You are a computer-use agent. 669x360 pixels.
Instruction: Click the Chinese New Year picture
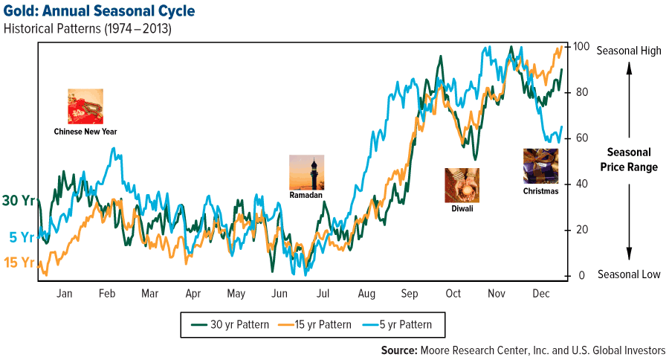click(85, 106)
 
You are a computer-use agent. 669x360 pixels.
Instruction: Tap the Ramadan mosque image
click(307, 173)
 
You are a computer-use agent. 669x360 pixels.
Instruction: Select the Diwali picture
click(462, 185)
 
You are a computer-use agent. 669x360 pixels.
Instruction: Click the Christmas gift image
click(540, 166)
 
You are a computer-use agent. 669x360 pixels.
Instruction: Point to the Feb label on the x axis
click(107, 294)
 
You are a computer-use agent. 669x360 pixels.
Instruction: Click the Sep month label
click(409, 294)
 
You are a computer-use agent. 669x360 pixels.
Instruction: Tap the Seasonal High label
click(629, 50)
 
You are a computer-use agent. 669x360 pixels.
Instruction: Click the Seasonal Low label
click(629, 274)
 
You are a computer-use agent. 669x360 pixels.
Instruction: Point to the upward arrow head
click(629, 68)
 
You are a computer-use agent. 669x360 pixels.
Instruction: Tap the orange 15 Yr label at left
click(18, 262)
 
